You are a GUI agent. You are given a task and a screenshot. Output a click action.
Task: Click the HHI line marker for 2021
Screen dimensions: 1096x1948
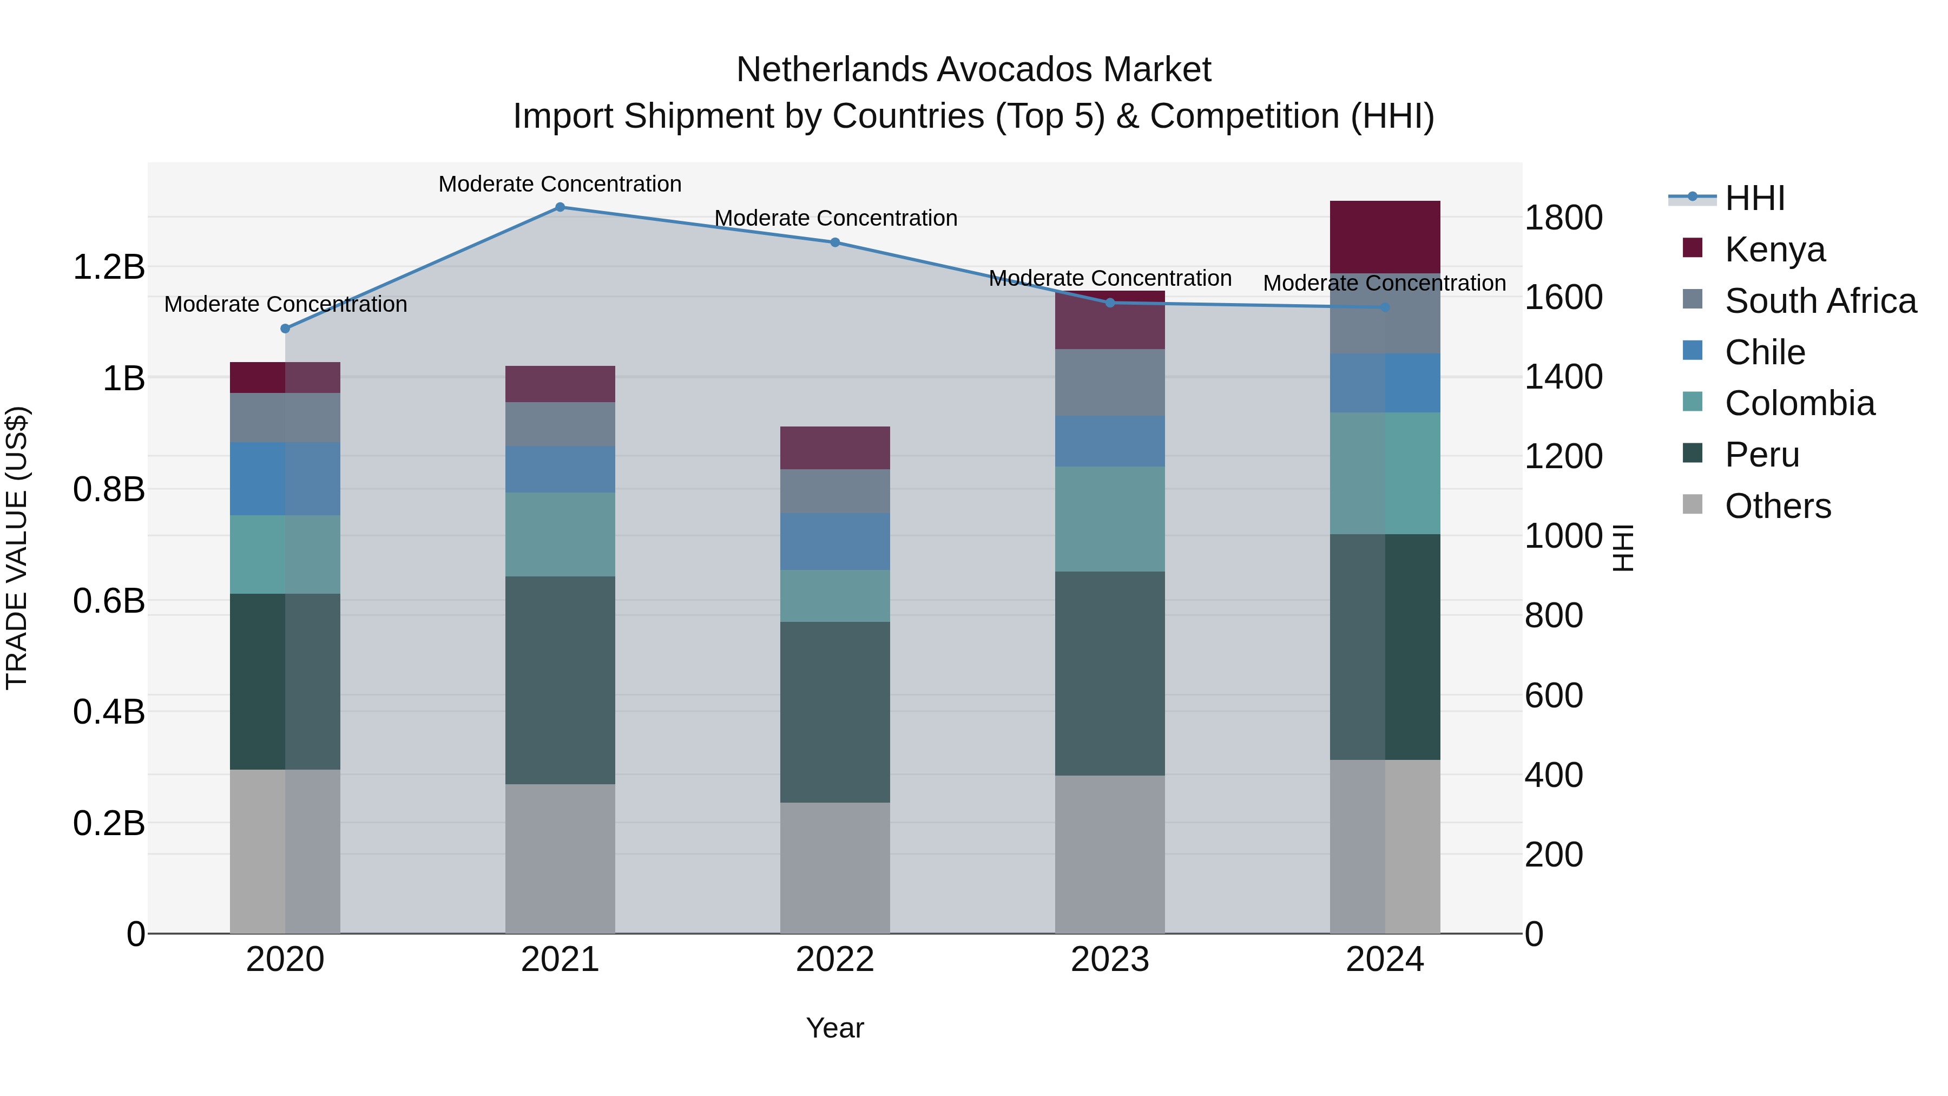[x=560, y=207]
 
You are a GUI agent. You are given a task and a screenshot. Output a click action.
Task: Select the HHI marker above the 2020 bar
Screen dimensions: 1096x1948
[x=285, y=329]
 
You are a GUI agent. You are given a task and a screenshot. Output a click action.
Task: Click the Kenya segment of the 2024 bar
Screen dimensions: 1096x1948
[x=1385, y=237]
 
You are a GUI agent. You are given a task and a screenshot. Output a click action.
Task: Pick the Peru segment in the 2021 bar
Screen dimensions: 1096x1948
[x=560, y=680]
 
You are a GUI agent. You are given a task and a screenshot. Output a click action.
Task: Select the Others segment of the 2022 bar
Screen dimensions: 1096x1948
[x=835, y=868]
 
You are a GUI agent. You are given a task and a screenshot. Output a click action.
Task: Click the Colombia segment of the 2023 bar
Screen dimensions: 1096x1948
[x=1109, y=519]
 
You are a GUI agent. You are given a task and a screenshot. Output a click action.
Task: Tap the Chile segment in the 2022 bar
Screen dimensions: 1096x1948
[x=835, y=542]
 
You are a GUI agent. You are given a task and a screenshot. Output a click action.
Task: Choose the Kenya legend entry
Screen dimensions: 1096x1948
[x=1774, y=249]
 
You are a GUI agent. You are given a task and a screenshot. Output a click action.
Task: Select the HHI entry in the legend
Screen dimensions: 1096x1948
[x=1754, y=198]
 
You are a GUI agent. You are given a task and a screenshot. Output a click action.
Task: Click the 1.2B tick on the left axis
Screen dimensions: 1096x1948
[x=109, y=267]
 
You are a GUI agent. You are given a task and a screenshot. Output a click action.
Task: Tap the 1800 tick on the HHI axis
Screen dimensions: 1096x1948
[x=1563, y=218]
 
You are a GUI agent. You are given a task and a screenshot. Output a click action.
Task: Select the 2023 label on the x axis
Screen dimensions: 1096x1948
[x=1109, y=960]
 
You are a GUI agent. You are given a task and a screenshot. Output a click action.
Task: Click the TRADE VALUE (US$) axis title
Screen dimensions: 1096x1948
[x=17, y=548]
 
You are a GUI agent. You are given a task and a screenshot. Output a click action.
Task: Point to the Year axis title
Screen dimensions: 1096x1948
[x=835, y=1028]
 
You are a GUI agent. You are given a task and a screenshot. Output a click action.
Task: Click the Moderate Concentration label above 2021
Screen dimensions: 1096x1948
[x=560, y=184]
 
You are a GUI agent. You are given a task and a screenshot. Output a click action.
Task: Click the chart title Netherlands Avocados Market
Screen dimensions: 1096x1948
[x=973, y=70]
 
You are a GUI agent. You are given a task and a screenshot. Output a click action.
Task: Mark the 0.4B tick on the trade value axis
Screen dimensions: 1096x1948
[x=109, y=712]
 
